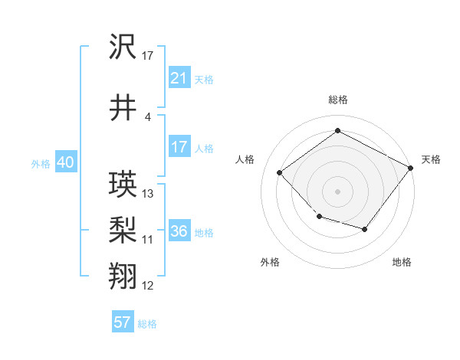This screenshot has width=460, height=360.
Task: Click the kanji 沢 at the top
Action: coord(123,48)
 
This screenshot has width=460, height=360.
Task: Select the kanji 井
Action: coord(123,108)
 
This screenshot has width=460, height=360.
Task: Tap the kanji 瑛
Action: coord(123,185)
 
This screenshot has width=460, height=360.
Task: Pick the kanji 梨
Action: coord(123,229)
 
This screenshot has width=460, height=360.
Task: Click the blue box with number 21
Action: coord(179,78)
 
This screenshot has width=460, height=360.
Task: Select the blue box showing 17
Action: coord(179,147)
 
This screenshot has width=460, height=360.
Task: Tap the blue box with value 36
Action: coord(179,231)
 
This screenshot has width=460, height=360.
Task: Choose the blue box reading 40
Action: coord(65,163)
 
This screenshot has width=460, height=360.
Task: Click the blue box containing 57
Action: coord(123,322)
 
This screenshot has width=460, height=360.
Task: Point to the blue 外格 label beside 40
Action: coord(41,164)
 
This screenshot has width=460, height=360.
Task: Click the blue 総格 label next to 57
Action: coord(148,324)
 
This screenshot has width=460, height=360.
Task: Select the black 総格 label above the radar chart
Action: coord(337,100)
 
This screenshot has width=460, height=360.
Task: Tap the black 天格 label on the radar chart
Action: coord(431,159)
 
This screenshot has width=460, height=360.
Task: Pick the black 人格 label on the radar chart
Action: coord(245,159)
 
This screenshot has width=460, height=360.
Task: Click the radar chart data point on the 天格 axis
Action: coord(412,167)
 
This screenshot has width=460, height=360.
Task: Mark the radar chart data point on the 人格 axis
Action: coord(280,173)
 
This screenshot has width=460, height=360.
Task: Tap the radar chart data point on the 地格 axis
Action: coord(365,230)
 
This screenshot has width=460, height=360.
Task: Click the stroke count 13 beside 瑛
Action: coord(148,194)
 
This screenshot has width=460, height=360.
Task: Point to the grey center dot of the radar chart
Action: coord(337,191)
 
